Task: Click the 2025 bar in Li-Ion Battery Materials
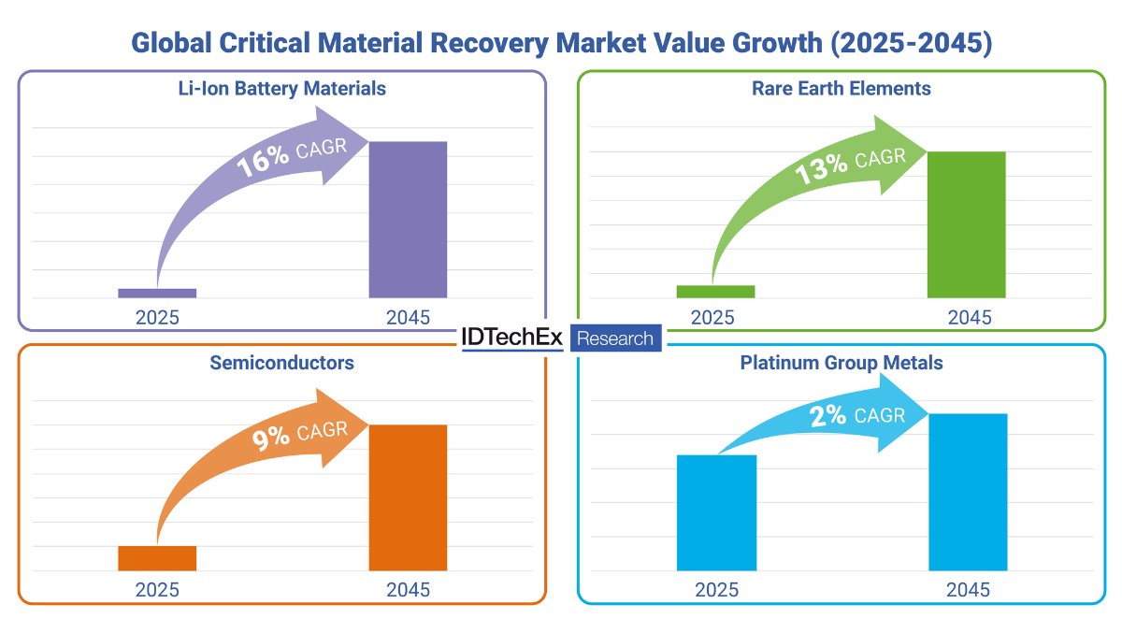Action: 157,293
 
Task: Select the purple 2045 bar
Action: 408,220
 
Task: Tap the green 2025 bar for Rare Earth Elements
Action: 715,292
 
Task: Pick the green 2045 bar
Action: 966,224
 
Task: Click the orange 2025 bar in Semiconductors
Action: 157,558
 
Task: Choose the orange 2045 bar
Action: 408,497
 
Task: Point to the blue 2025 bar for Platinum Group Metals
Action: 716,512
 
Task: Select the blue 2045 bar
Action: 968,492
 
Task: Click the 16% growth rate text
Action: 263,162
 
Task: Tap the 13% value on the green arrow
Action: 821,169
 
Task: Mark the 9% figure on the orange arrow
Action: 270,439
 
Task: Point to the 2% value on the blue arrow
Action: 829,416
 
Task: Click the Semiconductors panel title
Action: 281,363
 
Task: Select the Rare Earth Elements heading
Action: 841,89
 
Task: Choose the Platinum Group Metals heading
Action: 841,363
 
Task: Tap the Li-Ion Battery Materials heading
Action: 281,89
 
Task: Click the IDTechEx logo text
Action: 512,338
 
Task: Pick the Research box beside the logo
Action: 615,338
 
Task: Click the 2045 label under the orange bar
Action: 408,590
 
